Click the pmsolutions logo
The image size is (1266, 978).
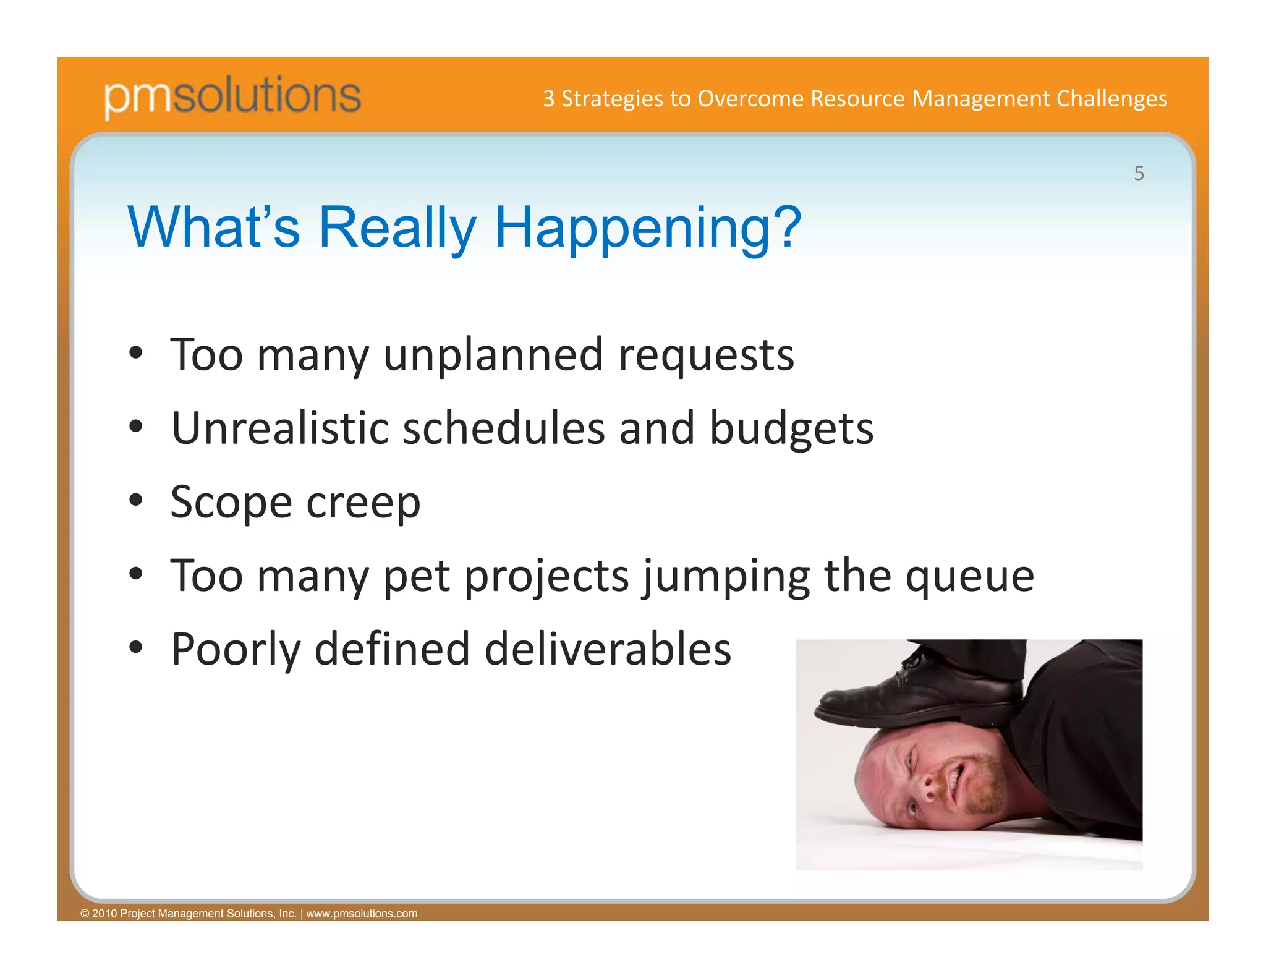(232, 96)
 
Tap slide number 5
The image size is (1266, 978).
(1139, 174)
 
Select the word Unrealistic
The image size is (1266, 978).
(280, 428)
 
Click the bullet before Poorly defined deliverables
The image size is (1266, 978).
(136, 648)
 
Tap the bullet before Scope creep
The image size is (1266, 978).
(136, 500)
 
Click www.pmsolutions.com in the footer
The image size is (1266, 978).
(362, 913)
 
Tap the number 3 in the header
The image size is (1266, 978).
(548, 99)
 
